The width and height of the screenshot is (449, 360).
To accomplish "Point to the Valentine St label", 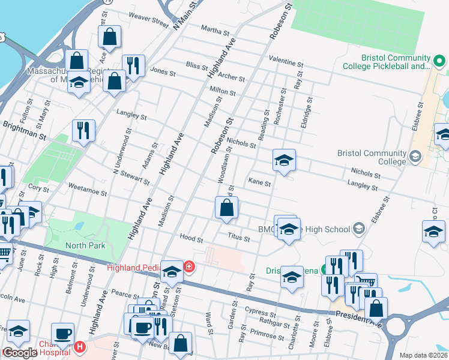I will pyautogui.click(x=286, y=62).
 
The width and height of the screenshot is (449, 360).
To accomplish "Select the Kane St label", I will pyautogui.click(x=260, y=181).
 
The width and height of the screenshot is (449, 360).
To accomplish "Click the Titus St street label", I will pyautogui.click(x=238, y=238).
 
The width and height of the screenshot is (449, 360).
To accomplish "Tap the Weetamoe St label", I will pyautogui.click(x=88, y=193).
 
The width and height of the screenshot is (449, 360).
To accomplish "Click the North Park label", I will pyautogui.click(x=85, y=245).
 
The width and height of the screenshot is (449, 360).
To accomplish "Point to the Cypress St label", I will pyautogui.click(x=259, y=313).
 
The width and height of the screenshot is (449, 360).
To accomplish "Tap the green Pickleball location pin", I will pyautogui.click(x=439, y=61).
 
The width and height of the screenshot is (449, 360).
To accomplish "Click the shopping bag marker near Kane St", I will pyautogui.click(x=226, y=208).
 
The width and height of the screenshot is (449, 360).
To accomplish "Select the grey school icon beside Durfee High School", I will pyautogui.click(x=358, y=228).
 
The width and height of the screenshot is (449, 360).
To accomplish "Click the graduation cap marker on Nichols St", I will pyautogui.click(x=284, y=160).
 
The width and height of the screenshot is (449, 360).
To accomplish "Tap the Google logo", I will pyautogui.click(x=19, y=353).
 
